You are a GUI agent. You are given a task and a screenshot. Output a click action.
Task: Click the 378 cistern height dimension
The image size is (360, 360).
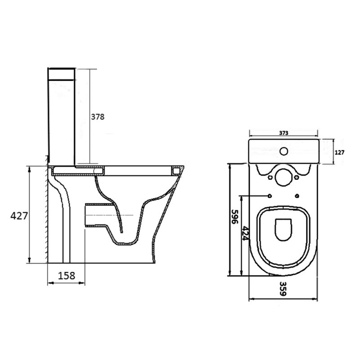(x=98, y=117)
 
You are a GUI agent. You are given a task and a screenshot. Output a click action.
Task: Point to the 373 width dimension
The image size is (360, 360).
(x=283, y=133)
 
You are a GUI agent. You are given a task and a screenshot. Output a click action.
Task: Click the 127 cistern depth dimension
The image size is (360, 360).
(x=339, y=152)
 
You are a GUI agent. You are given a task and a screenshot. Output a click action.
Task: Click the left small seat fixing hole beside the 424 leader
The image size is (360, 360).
(x=269, y=196)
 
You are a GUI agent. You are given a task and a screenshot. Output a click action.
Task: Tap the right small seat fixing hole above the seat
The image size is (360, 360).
(x=298, y=196)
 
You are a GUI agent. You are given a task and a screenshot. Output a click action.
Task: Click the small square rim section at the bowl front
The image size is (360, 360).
(x=175, y=171)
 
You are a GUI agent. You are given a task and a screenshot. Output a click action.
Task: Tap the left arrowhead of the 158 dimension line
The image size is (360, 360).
(x=49, y=283)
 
